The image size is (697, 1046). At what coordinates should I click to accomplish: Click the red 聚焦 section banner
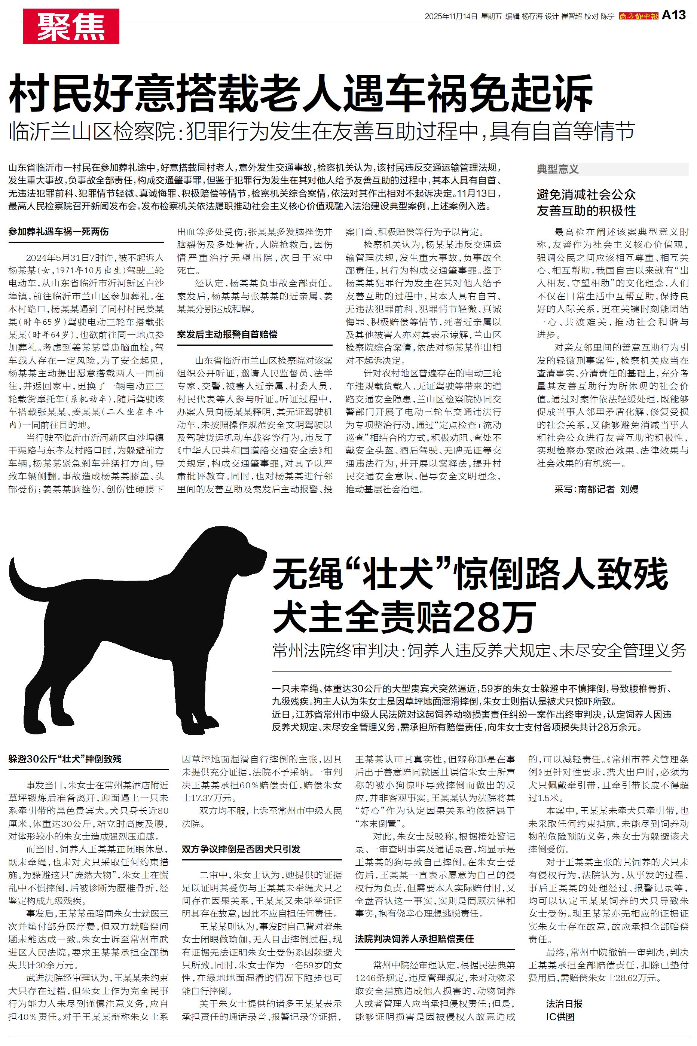coord(71,27)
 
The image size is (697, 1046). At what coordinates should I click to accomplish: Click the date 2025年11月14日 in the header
coord(451,16)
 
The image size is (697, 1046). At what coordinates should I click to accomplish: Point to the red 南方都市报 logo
coord(638,16)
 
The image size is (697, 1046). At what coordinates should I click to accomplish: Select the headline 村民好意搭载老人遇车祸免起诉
coord(300,94)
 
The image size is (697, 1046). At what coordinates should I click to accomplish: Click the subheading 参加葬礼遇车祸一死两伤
coord(58,232)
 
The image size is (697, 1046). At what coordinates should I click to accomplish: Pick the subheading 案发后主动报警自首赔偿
coord(227,334)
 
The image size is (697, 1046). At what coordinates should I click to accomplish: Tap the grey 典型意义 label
coord(558,169)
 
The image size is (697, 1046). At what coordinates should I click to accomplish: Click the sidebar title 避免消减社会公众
coord(586,195)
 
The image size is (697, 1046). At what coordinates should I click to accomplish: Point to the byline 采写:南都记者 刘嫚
coord(596,489)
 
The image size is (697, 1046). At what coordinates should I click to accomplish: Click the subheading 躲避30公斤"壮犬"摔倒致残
coord(65,759)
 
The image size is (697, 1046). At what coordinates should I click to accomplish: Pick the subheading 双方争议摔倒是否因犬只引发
coord(241,862)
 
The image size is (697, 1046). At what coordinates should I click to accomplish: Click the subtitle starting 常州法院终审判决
coord(479,650)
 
